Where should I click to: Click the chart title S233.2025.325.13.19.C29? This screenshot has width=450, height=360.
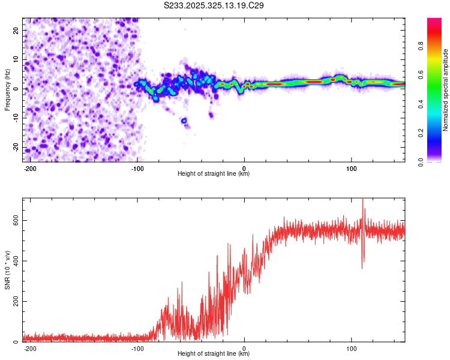(x=214, y=5)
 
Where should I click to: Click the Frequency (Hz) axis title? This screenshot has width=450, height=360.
(x=7, y=89)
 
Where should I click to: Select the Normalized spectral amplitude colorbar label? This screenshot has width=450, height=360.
(x=446, y=90)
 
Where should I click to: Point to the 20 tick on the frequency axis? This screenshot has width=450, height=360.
(x=16, y=31)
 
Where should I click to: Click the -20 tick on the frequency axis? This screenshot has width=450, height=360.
(x=15, y=148)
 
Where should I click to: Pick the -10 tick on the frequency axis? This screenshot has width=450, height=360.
(x=15, y=118)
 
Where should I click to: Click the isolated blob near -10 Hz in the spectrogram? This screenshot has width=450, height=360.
(x=184, y=121)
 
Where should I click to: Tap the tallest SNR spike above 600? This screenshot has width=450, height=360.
(x=362, y=201)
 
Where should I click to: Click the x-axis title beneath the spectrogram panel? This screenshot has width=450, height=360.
(x=214, y=174)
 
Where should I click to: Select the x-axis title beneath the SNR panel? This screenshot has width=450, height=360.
(x=214, y=354)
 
